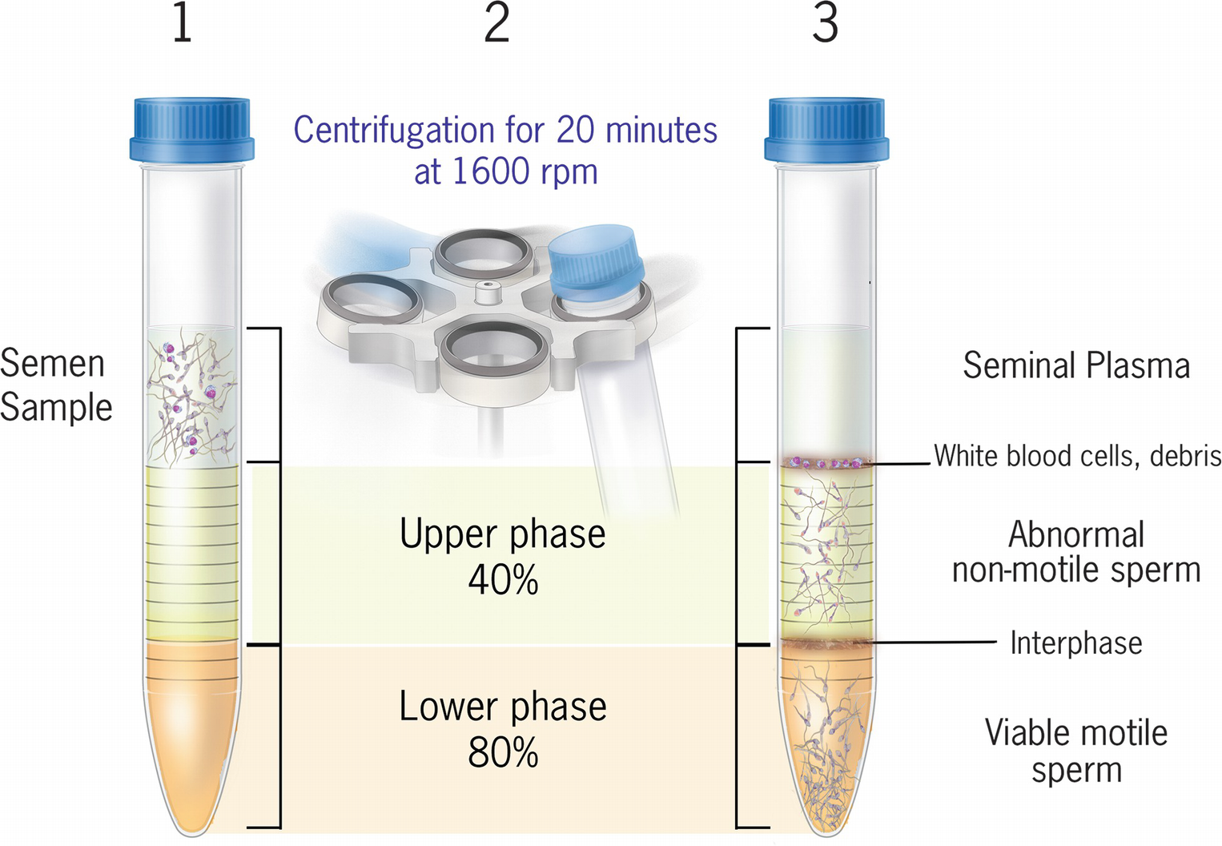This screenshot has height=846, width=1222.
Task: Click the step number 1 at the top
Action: pyautogui.click(x=183, y=23)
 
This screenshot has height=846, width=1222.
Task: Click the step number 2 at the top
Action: pyautogui.click(x=496, y=23)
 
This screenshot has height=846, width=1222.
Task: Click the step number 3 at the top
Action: pyautogui.click(x=825, y=23)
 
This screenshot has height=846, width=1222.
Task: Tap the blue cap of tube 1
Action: pyautogui.click(x=192, y=129)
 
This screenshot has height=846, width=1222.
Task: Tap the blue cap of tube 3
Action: pyautogui.click(x=826, y=129)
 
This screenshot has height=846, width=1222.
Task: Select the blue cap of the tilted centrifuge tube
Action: pyautogui.click(x=596, y=261)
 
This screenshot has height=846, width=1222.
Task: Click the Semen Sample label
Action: pyautogui.click(x=54, y=385)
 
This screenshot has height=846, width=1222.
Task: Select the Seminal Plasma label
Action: pyautogui.click(x=1076, y=366)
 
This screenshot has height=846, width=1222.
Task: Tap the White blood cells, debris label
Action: pyautogui.click(x=1077, y=456)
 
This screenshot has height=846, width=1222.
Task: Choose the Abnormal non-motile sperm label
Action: pyautogui.click(x=1076, y=552)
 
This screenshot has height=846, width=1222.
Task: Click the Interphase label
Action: pyautogui.click(x=1075, y=643)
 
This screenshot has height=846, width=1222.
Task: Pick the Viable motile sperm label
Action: pyautogui.click(x=1075, y=751)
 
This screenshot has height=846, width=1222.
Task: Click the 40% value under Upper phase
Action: pyautogui.click(x=503, y=580)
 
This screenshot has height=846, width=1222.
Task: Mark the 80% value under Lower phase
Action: pyautogui.click(x=503, y=752)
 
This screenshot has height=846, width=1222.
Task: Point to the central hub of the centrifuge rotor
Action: pyautogui.click(x=485, y=292)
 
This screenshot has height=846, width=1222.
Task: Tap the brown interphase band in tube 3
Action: pyautogui.click(x=826, y=643)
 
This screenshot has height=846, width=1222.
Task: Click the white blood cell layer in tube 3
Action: pyautogui.click(x=826, y=462)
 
